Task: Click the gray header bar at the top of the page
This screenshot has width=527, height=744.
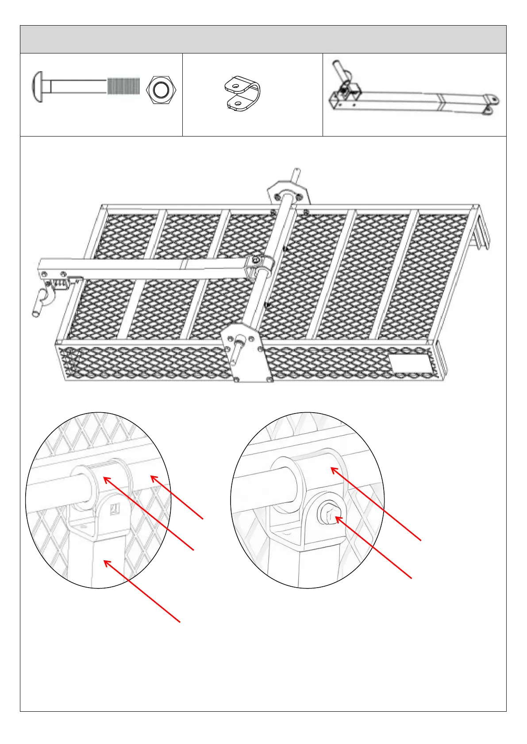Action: tap(263, 39)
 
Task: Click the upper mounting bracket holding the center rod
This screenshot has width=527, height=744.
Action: tap(288, 193)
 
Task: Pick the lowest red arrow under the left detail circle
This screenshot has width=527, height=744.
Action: tap(142, 591)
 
